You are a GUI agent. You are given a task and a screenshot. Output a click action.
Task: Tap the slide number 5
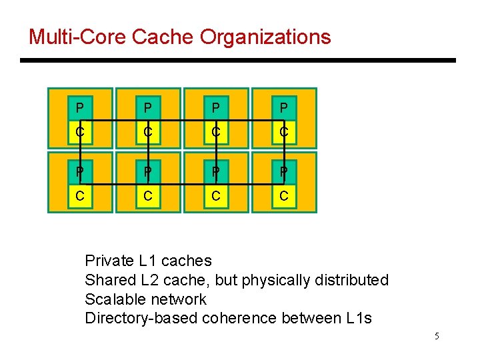437,336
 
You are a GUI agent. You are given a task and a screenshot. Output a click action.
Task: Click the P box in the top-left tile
80,108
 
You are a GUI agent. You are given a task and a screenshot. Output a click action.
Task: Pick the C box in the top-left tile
80,132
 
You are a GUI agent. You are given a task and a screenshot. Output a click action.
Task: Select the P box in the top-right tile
284,108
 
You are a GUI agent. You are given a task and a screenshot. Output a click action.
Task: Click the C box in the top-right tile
284,132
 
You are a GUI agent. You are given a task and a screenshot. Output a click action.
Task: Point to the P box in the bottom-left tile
80,173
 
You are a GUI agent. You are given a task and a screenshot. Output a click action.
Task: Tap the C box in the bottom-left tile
80,197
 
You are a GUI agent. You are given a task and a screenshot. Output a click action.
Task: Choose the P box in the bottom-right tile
284,173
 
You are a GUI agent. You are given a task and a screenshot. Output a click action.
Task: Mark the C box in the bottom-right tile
284,197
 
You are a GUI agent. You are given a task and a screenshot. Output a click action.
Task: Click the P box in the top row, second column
148,108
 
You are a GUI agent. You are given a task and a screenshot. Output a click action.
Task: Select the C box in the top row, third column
216,132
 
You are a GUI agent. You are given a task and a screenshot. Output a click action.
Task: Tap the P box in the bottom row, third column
216,173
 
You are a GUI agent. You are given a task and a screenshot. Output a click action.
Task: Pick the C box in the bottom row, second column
148,197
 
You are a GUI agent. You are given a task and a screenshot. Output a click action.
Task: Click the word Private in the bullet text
109,261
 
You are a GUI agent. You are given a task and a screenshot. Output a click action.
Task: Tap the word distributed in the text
349,280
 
